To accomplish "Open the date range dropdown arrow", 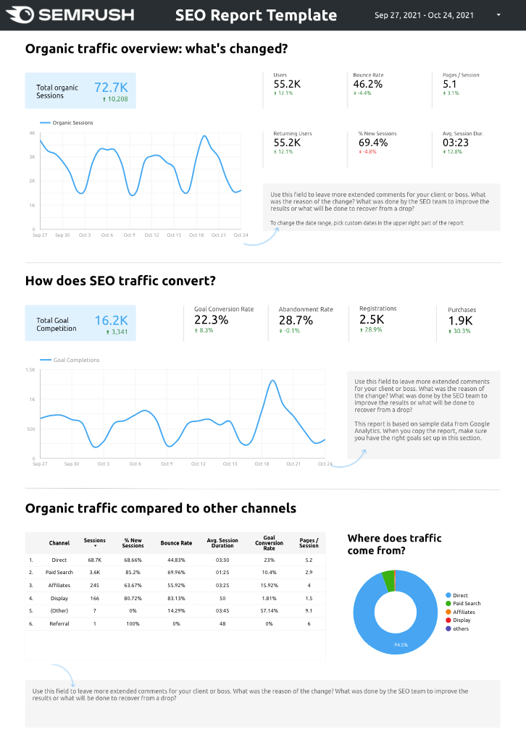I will [x=498, y=14].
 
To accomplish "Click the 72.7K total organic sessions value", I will [x=111, y=87].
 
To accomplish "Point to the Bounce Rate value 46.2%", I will [x=367, y=84].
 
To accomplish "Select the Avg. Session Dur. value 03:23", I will [x=455, y=143].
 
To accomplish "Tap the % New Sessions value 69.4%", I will [x=372, y=143].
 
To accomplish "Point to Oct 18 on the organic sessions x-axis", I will [x=197, y=235].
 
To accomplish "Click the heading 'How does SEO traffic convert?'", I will [x=120, y=281].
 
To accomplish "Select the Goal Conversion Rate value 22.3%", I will [x=211, y=320].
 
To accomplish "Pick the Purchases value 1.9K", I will [x=460, y=321].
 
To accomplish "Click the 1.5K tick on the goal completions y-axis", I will [x=30, y=370].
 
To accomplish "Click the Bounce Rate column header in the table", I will [x=176, y=543].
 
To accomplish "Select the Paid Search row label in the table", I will [x=59, y=573].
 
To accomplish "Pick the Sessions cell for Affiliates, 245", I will [x=94, y=585].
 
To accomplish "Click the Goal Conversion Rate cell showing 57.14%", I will [x=270, y=610].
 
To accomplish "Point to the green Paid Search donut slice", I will [x=390, y=580].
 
